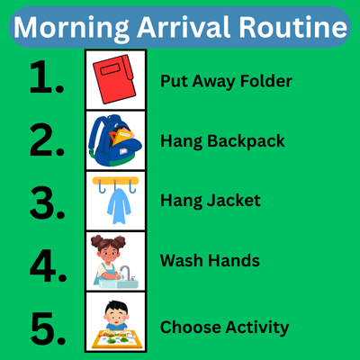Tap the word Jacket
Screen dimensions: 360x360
coord(236,201)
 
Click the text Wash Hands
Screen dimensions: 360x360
coord(210,261)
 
